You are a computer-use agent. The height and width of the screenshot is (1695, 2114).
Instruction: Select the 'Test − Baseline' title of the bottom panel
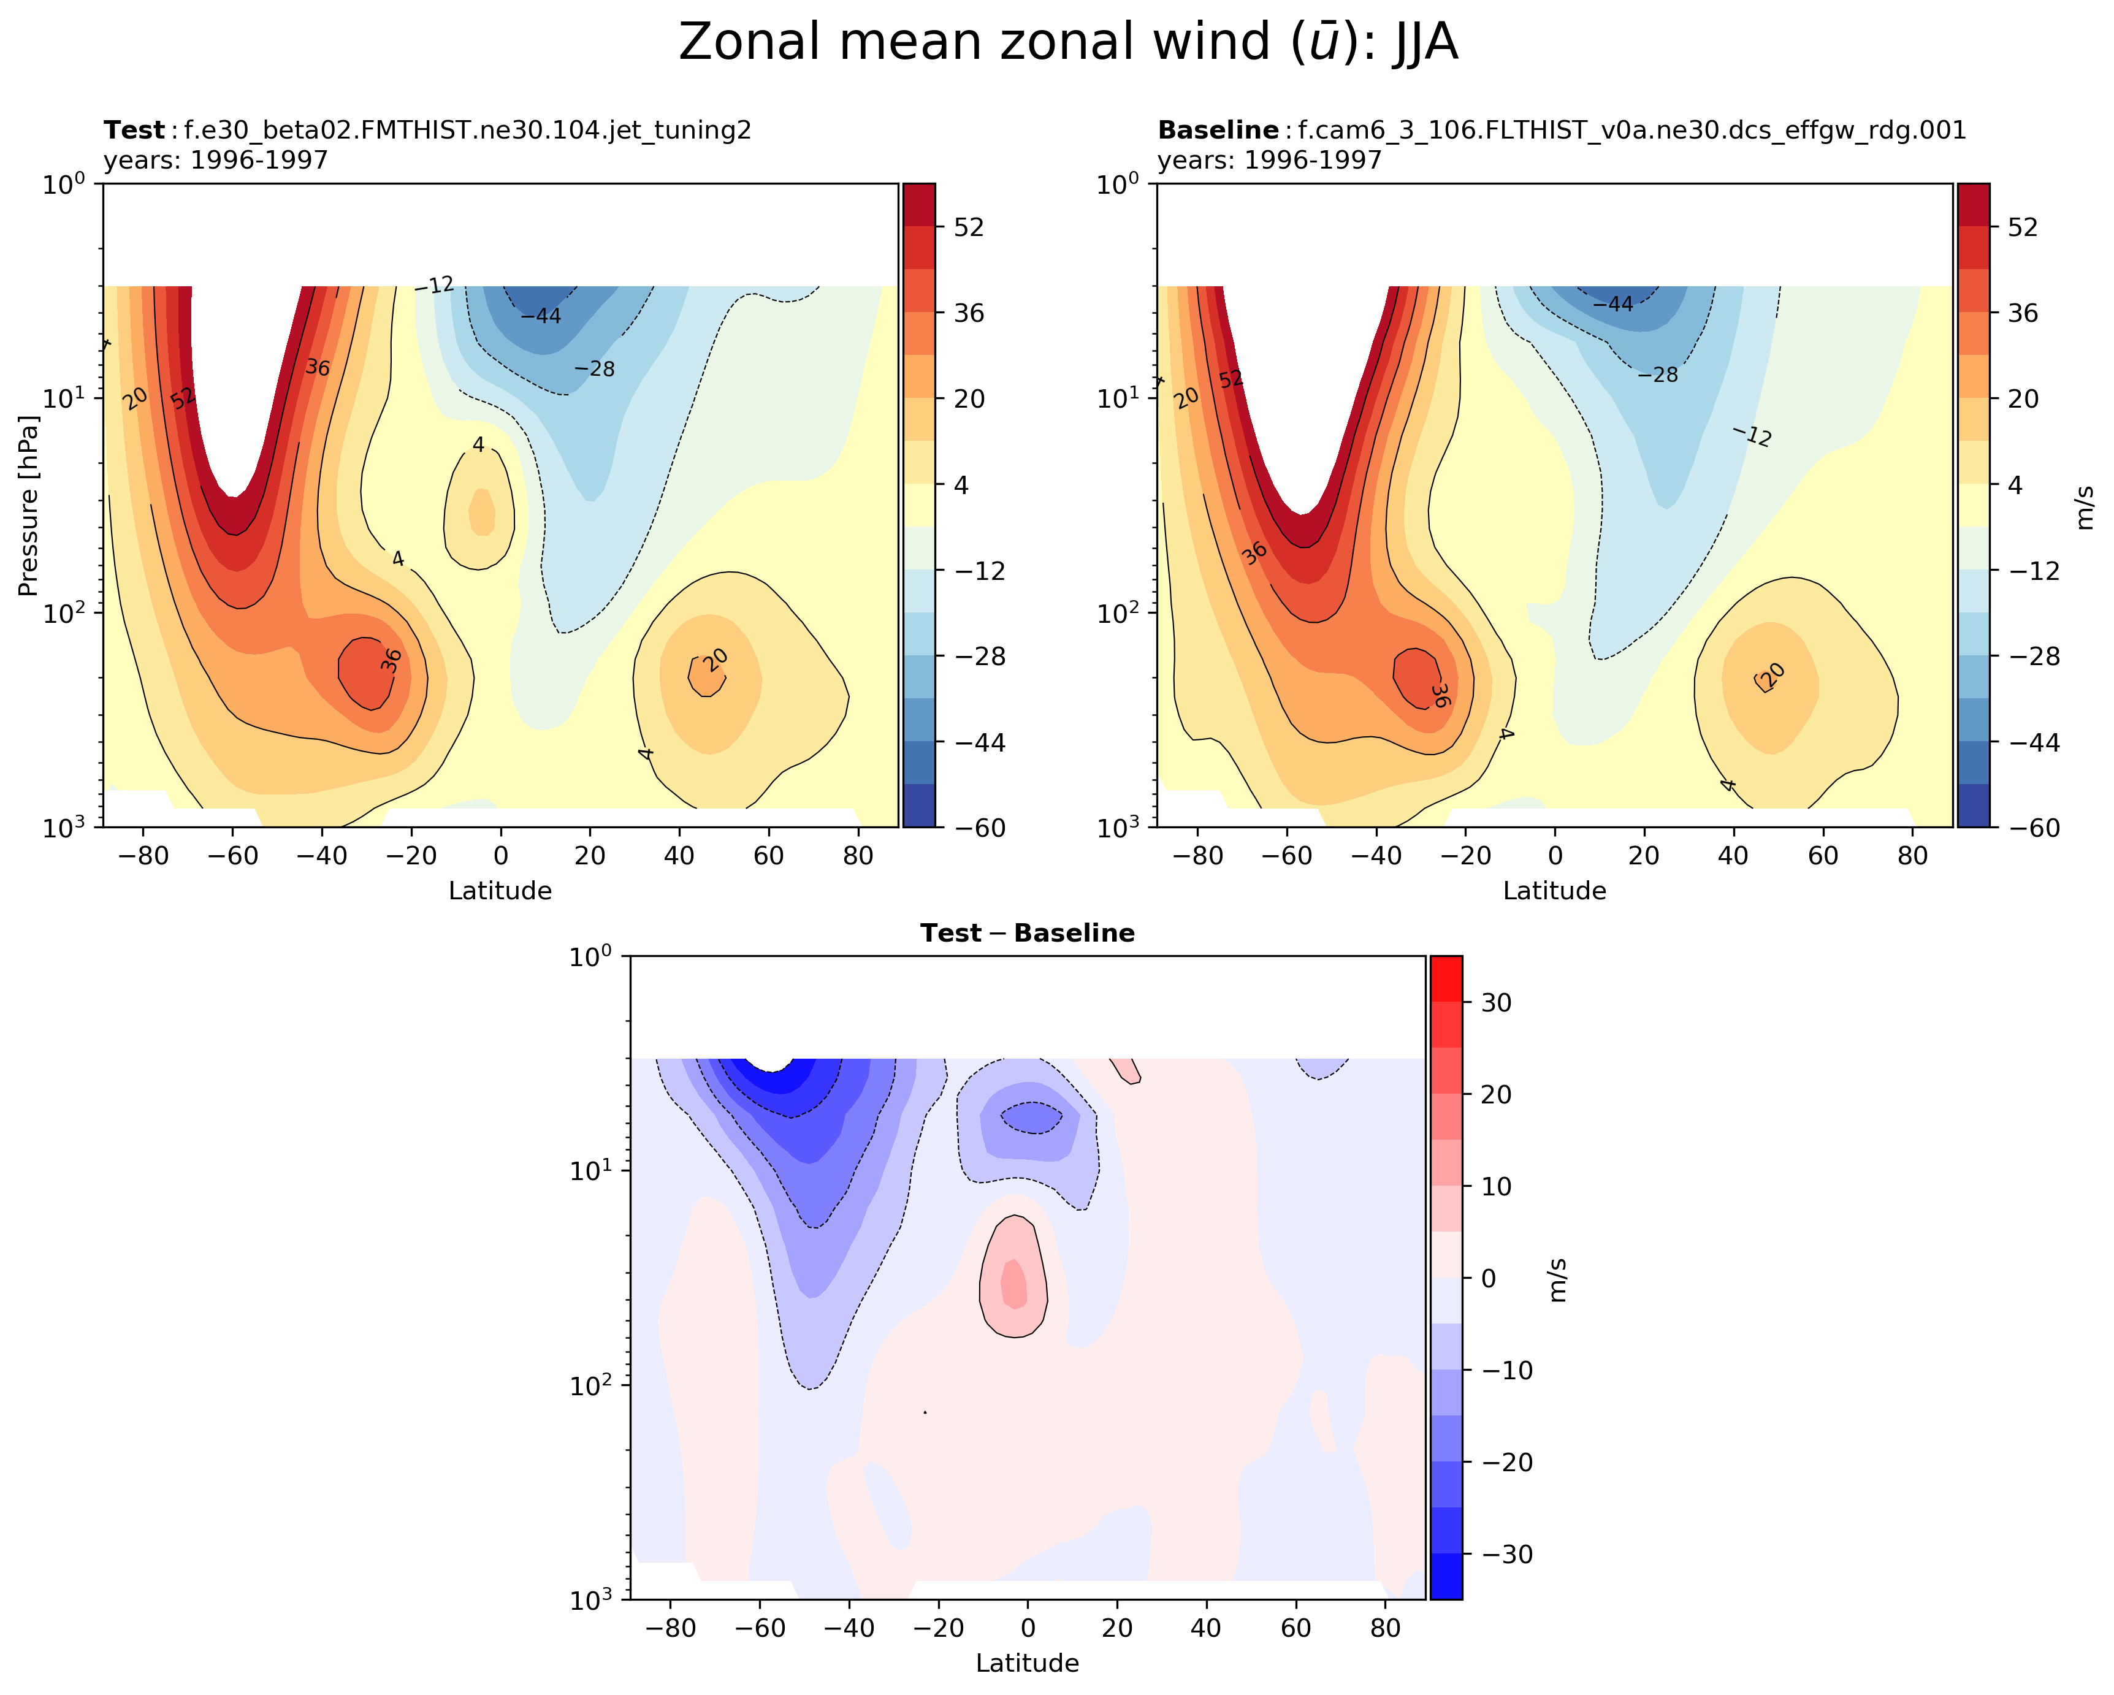pyautogui.click(x=1026, y=933)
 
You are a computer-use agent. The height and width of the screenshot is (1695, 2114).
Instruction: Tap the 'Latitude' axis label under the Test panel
pyautogui.click(x=500, y=891)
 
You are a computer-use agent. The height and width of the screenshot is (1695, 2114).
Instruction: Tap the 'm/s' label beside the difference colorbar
pyautogui.click(x=1558, y=1279)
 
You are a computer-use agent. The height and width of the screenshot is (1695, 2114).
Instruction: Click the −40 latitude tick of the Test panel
pyautogui.click(x=322, y=856)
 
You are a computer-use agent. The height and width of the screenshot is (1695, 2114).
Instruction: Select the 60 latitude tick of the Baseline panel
pyautogui.click(x=1823, y=856)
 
